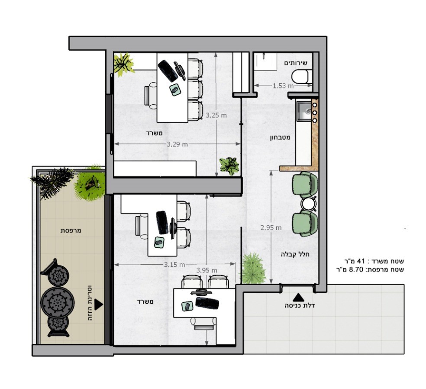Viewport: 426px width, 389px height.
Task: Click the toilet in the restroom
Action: [x=301, y=76]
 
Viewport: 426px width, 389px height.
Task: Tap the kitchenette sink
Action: [x=304, y=111]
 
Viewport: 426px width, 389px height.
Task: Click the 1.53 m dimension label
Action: [x=283, y=86]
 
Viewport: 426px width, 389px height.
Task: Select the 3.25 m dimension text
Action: [x=216, y=115]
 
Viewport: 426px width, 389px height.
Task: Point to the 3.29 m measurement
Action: [x=177, y=144]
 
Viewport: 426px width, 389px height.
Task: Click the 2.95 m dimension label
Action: [x=271, y=228]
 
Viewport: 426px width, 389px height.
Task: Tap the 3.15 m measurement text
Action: [x=174, y=265]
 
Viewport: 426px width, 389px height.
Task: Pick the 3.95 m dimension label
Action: [x=207, y=270]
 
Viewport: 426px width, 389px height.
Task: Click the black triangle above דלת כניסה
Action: [x=298, y=297]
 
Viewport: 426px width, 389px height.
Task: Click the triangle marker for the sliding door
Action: [x=99, y=305]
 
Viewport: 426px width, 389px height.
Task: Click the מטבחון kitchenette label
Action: [x=280, y=138]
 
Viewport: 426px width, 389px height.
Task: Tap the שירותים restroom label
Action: [x=296, y=63]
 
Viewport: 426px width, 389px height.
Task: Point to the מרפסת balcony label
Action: [x=71, y=231]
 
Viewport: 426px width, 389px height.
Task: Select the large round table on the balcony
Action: [x=57, y=301]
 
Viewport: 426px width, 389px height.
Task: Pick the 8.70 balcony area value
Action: [x=356, y=270]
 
